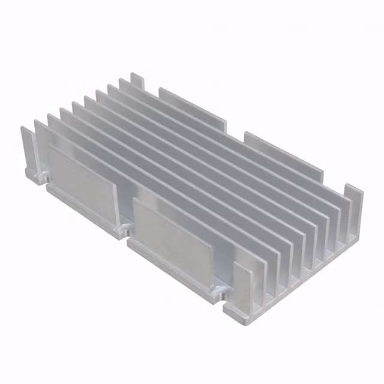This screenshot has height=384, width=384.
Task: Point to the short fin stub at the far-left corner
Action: point(27,147)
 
